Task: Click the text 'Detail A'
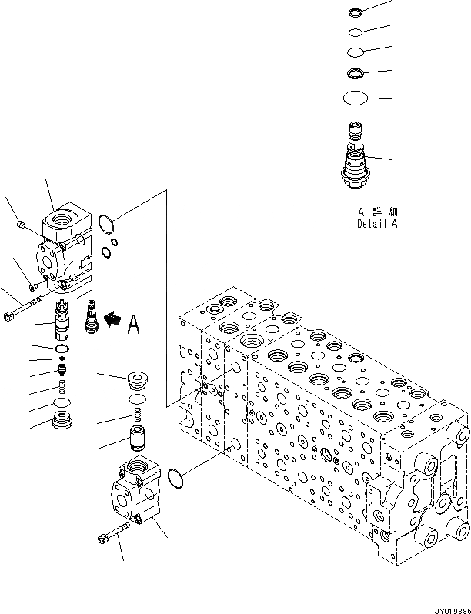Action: point(377,224)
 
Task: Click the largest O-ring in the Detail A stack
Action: point(356,98)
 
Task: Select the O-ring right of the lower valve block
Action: point(175,478)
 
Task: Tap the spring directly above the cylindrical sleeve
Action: point(139,416)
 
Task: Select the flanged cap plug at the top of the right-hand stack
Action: point(139,379)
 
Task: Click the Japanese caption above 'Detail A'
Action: point(377,211)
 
